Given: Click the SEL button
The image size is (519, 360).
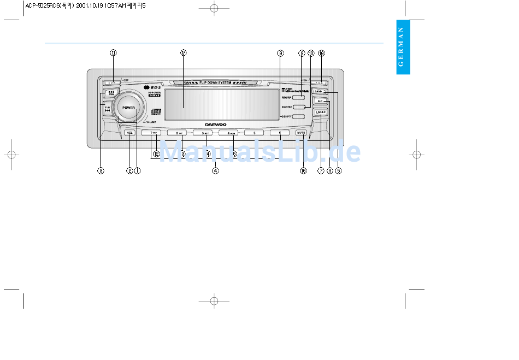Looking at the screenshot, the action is pyautogui.click(x=130, y=133).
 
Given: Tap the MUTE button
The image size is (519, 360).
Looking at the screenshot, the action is pyautogui.click(x=301, y=133).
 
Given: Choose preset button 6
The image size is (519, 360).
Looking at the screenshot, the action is pyautogui.click(x=280, y=133).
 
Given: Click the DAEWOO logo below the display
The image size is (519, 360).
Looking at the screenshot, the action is pyautogui.click(x=216, y=124).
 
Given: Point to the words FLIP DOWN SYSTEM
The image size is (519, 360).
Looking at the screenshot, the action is pyautogui.click(x=216, y=83).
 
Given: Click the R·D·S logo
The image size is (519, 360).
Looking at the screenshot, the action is pyautogui.click(x=154, y=87).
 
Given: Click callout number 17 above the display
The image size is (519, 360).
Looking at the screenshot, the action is pyautogui.click(x=184, y=53).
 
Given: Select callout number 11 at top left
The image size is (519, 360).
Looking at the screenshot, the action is pyautogui.click(x=113, y=53).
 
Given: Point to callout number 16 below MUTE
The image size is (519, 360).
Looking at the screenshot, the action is pyautogui.click(x=303, y=170).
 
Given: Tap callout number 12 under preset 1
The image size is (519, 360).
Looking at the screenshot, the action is pyautogui.click(x=156, y=154).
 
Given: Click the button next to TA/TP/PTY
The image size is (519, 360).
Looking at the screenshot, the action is pyautogui.click(x=298, y=107).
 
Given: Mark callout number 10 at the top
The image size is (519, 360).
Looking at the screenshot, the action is pyautogui.click(x=311, y=53).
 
